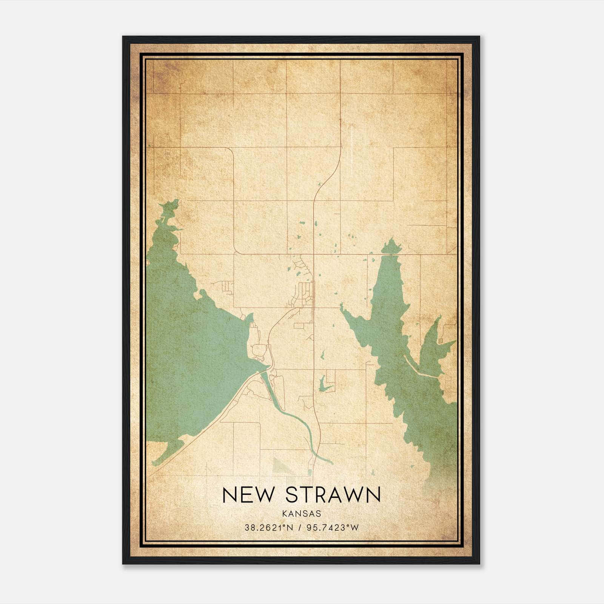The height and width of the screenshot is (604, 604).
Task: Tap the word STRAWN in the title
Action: pyautogui.click(x=333, y=495)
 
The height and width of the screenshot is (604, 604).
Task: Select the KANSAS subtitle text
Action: pyautogui.click(x=301, y=514)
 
